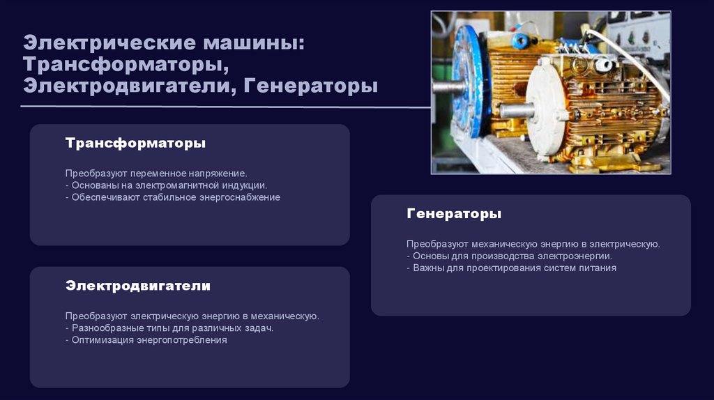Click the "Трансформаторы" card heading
point(135,143)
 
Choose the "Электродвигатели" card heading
point(138,286)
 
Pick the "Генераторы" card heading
point(454,213)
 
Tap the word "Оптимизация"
point(102,340)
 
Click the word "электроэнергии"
point(577,256)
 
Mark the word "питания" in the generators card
point(599,268)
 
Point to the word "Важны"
point(427,268)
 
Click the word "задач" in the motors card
point(259,328)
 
